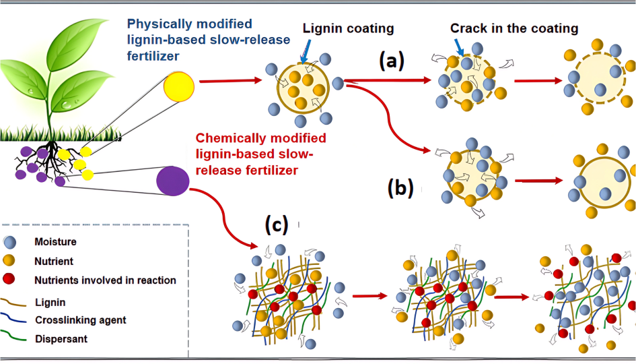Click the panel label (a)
click(x=391, y=62)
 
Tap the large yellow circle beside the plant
click(x=178, y=86)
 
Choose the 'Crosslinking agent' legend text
click(x=81, y=320)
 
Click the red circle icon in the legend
click(x=10, y=280)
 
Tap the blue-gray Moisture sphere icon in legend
click(x=10, y=242)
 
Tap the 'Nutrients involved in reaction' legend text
click(x=105, y=280)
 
